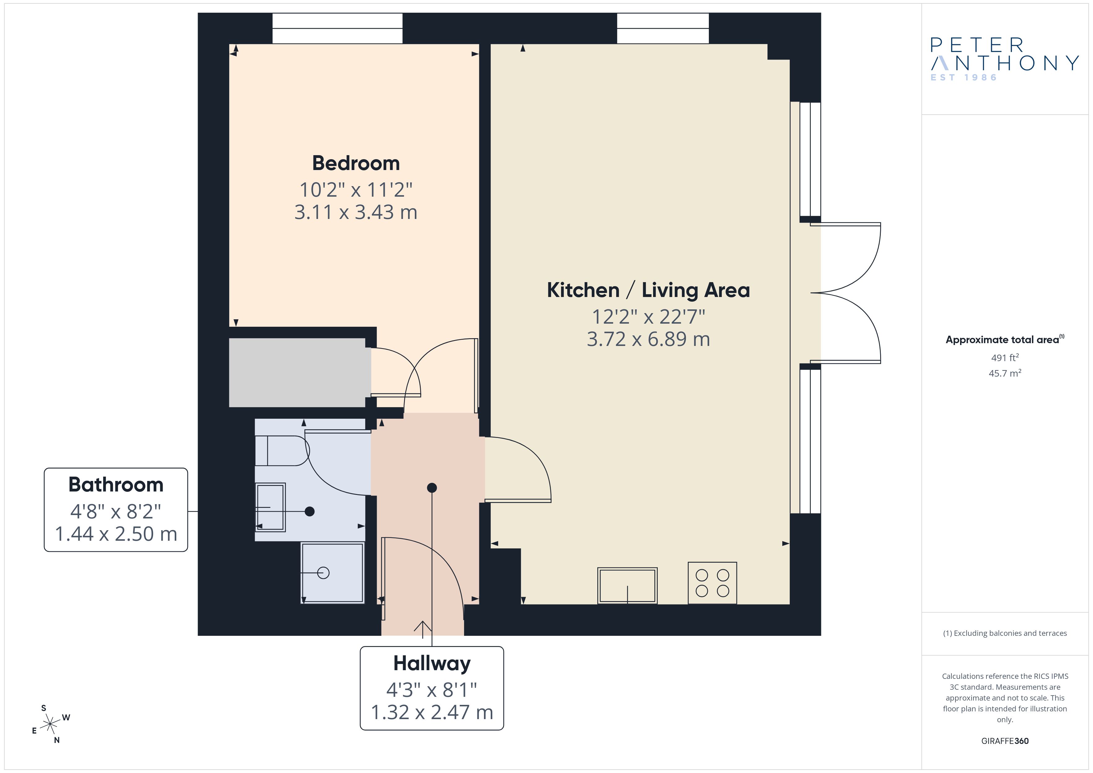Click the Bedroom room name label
356,163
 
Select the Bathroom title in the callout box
116,485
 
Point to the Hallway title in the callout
432,664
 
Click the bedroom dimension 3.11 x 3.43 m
356,212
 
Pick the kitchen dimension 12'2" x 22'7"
648,317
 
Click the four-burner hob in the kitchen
712,583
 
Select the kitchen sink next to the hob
627,585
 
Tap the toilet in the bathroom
282,450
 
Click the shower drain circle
323,573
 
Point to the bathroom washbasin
270,507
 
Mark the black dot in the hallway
432,487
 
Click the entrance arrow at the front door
423,627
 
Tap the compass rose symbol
50,724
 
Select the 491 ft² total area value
1005,357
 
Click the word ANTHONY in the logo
1004,63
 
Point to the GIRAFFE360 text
1005,741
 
